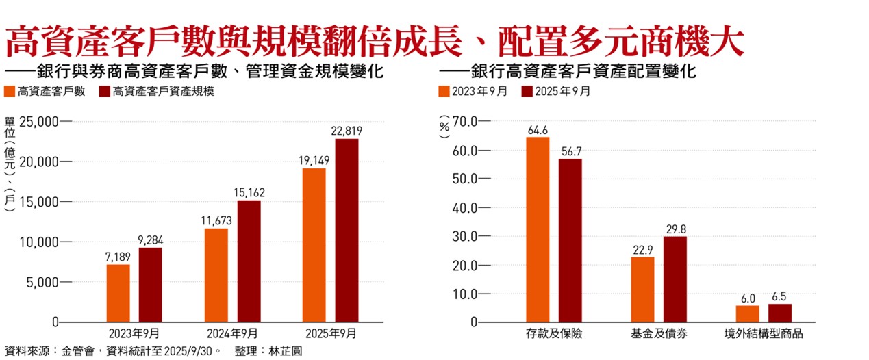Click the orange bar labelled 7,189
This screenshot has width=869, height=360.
(x=118, y=293)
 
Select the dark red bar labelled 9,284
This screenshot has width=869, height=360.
(x=150, y=285)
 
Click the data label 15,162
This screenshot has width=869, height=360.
(x=249, y=193)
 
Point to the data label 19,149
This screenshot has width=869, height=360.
(x=314, y=161)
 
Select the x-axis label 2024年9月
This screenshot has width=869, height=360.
(x=232, y=334)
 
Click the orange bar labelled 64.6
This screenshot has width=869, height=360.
(x=538, y=229)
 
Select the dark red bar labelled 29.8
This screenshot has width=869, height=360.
(x=675, y=279)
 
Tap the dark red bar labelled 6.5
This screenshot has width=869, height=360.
(x=779, y=313)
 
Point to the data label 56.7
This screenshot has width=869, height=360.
(x=570, y=151)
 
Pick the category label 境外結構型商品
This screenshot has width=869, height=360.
(x=764, y=335)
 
